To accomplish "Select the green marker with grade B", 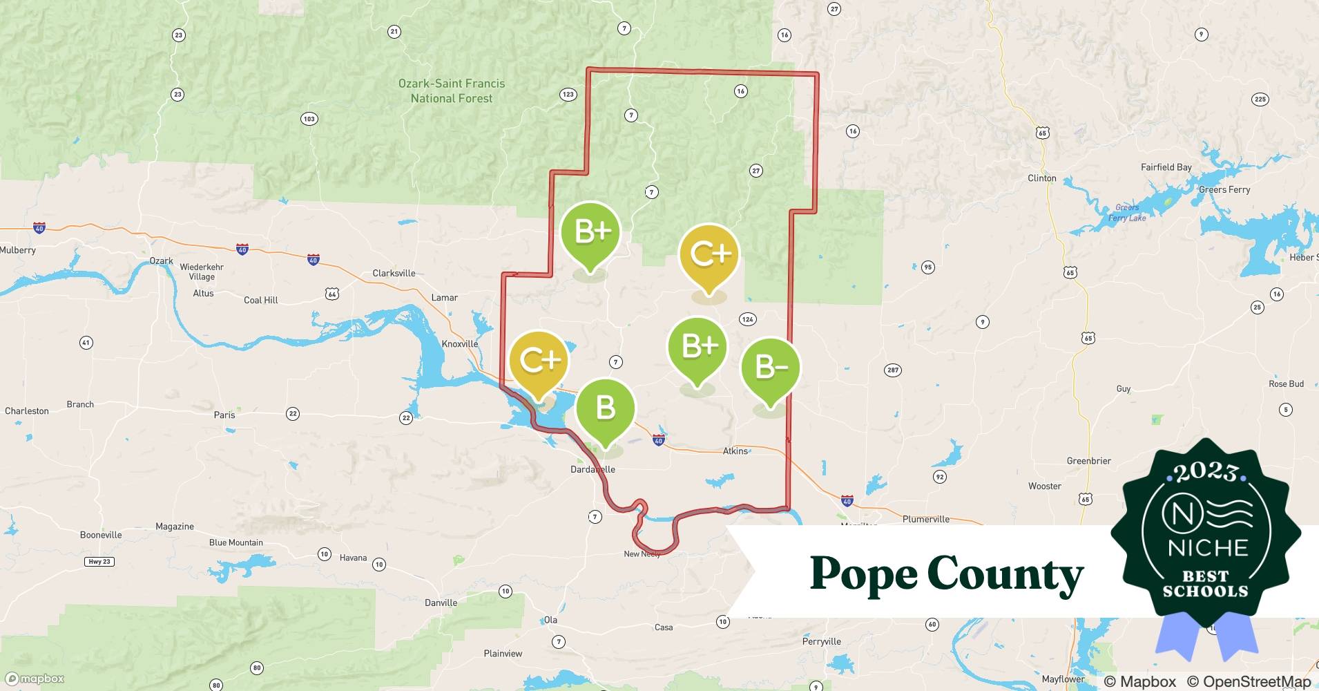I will (x=605, y=408).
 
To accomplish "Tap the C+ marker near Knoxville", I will (x=538, y=361).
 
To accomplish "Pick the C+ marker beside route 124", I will (x=709, y=254).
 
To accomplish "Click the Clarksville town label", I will (x=394, y=273).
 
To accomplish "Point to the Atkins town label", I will (x=735, y=451).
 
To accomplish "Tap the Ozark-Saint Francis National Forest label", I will (x=452, y=91).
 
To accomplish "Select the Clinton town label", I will (x=1041, y=178).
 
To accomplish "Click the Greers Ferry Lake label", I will (x=1127, y=213).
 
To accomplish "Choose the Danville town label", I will (x=441, y=603).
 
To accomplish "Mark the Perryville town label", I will (x=821, y=641).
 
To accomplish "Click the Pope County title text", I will (x=946, y=574).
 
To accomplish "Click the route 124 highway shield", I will (x=747, y=319).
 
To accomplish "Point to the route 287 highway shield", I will (x=893, y=370).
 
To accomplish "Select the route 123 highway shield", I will (x=568, y=95).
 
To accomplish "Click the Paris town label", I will (x=224, y=415).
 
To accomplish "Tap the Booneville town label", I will (x=101, y=535).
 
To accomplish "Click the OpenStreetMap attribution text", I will (x=1248, y=681).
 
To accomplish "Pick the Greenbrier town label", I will (x=1088, y=461).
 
